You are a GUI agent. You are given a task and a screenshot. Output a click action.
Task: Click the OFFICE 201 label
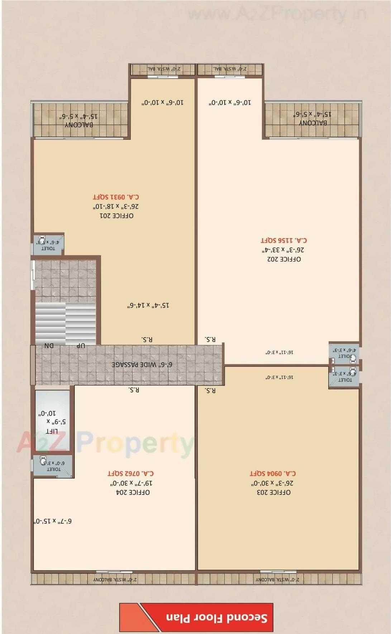[116, 216]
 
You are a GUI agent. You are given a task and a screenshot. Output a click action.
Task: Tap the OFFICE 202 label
[284, 259]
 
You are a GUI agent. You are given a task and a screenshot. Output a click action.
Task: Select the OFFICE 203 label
[273, 492]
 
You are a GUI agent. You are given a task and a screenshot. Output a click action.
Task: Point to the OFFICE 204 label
[133, 492]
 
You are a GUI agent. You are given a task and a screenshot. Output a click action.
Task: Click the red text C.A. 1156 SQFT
[283, 240]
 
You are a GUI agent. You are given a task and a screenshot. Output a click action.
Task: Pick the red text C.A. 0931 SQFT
[116, 197]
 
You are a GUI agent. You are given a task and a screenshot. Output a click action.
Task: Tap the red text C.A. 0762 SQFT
[131, 473]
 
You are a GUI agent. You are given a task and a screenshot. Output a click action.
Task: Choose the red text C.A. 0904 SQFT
[273, 473]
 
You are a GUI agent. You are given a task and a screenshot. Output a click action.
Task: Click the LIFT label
[52, 431]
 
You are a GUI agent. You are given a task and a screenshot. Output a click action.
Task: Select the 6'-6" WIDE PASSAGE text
[142, 364]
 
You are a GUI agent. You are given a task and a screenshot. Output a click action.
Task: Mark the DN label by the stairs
[49, 346]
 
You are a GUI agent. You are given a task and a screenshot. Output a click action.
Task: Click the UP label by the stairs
[81, 346]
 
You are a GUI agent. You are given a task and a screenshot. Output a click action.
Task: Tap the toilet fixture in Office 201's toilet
[42, 239]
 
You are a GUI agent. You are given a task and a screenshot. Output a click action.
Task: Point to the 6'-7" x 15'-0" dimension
[53, 521]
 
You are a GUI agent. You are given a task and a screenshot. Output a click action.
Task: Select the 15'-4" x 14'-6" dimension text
[148, 305]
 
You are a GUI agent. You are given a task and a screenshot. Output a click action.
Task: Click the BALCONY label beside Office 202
[313, 123]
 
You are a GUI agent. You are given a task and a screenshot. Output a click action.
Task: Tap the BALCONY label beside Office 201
[79, 125]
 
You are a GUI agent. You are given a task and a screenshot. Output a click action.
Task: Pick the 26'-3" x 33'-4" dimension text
[283, 250]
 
